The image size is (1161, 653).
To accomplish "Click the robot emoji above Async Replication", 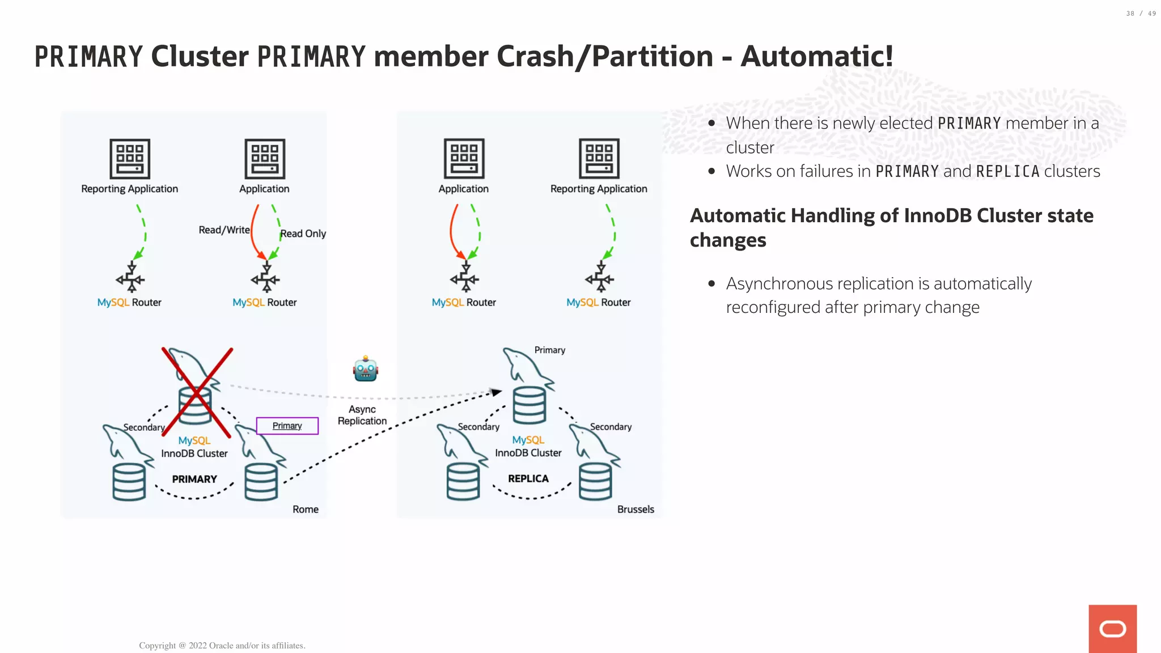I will click(365, 369).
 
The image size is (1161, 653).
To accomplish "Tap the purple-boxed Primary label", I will click(287, 426).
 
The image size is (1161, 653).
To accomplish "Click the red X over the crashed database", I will click(197, 392).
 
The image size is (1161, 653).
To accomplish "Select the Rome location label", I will click(305, 509).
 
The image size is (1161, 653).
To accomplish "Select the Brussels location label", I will click(635, 509).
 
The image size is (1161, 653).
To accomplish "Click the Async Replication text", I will click(362, 415).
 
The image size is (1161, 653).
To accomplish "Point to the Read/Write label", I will click(224, 230).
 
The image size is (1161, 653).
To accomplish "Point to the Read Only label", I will click(303, 234).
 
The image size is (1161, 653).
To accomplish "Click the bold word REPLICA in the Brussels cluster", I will click(528, 478).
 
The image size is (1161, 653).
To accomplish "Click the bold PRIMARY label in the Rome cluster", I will click(194, 479).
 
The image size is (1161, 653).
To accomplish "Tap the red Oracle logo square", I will click(1112, 629).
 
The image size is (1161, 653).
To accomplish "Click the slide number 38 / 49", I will click(1141, 14).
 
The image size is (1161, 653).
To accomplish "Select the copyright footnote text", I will click(222, 645).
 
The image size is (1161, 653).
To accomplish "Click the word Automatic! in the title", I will click(816, 57).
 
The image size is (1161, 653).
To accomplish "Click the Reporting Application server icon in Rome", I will click(130, 159).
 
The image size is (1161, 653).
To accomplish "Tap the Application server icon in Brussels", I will click(464, 159).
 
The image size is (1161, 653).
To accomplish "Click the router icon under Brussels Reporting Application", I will click(599, 278).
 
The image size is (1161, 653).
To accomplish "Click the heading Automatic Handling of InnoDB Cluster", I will click(891, 216).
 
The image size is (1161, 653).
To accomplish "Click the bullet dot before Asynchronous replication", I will click(711, 283).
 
